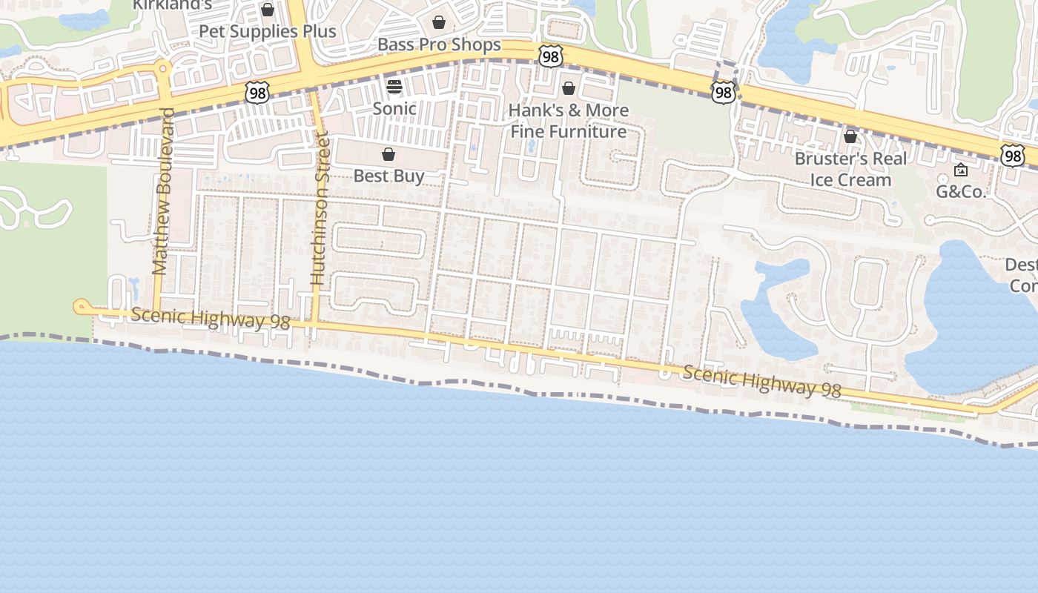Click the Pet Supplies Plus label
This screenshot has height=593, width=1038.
click(268, 32)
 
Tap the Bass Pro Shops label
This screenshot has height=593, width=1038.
click(439, 45)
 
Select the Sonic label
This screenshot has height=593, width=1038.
click(394, 109)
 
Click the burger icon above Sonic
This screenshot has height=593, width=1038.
click(394, 86)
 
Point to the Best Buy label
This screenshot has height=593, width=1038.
click(389, 176)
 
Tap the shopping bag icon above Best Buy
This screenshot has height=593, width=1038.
click(388, 154)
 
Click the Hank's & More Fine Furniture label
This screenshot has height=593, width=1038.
click(569, 121)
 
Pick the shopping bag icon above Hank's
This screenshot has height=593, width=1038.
click(569, 89)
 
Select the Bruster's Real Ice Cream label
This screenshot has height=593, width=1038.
click(850, 169)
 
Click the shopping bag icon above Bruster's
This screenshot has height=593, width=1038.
click(850, 136)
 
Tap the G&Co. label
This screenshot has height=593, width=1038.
click(961, 192)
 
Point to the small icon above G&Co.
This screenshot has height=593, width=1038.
click(961, 170)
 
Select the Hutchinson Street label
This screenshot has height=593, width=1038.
click(319, 208)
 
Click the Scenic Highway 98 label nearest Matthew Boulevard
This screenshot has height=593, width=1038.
click(211, 319)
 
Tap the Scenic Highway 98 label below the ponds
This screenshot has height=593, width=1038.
click(761, 381)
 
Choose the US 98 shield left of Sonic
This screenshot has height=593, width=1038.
click(257, 93)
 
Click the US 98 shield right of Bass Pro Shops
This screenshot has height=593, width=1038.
click(551, 56)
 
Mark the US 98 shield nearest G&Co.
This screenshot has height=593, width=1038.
click(1012, 155)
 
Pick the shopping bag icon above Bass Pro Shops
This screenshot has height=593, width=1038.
click(439, 22)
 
